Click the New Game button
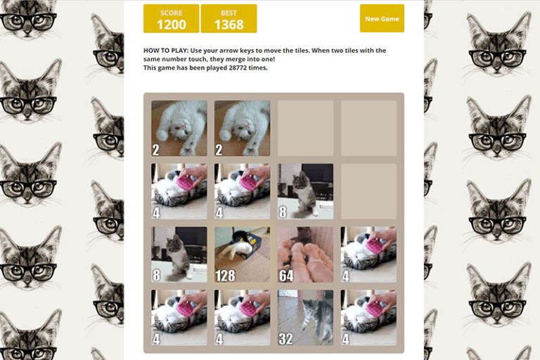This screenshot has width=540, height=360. (382, 19)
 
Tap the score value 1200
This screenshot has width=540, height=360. (171, 25)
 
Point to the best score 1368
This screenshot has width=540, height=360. (229, 25)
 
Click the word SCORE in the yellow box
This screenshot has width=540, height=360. (171, 13)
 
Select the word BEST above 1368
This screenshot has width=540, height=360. (229, 13)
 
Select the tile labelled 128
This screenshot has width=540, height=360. (242, 254)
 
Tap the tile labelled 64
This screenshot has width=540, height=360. (305, 254)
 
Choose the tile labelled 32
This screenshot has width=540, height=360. (305, 317)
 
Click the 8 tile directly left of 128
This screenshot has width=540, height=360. (179, 254)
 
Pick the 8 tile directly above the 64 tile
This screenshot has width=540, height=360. (305, 191)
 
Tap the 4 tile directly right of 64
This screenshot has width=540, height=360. (368, 254)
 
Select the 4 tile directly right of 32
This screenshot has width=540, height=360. (368, 317)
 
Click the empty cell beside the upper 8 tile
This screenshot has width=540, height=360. (368, 191)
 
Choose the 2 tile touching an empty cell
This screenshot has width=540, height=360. (242, 128)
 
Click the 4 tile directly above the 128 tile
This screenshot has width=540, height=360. (242, 191)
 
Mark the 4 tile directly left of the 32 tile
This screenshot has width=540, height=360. (242, 317)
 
